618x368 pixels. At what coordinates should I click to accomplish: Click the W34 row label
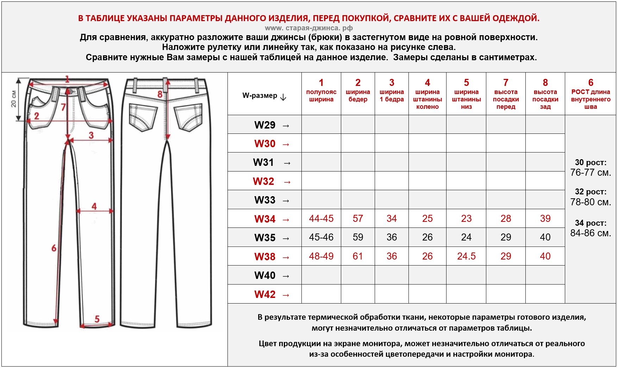pos(265,219)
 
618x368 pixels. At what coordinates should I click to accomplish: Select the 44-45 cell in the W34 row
pos(321,219)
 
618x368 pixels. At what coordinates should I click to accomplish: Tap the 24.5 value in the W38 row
pos(466,256)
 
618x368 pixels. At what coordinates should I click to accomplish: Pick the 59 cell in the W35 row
pos(358,237)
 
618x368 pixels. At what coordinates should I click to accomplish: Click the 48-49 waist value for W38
pos(321,256)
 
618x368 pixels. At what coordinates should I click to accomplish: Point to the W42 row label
pos(265,294)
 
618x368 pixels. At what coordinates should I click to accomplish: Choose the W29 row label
pos(265,125)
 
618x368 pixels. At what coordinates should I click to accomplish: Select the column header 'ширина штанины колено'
pos(427,95)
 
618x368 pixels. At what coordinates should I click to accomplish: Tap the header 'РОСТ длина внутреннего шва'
pos(591,95)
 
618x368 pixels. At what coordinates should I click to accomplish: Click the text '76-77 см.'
pos(591,173)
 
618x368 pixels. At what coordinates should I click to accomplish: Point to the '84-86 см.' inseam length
pos(591,233)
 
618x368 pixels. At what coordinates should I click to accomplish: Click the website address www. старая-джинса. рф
pos(308,28)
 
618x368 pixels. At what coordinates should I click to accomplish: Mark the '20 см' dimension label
pos(13,99)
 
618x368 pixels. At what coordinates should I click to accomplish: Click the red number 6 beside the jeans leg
pos(54,248)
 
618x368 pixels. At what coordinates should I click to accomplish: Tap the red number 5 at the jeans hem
pos(97,319)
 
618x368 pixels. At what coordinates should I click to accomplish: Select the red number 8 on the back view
pos(160,94)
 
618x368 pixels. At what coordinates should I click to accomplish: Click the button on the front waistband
pos(70,92)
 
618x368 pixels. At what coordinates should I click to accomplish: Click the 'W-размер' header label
pos(260,96)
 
